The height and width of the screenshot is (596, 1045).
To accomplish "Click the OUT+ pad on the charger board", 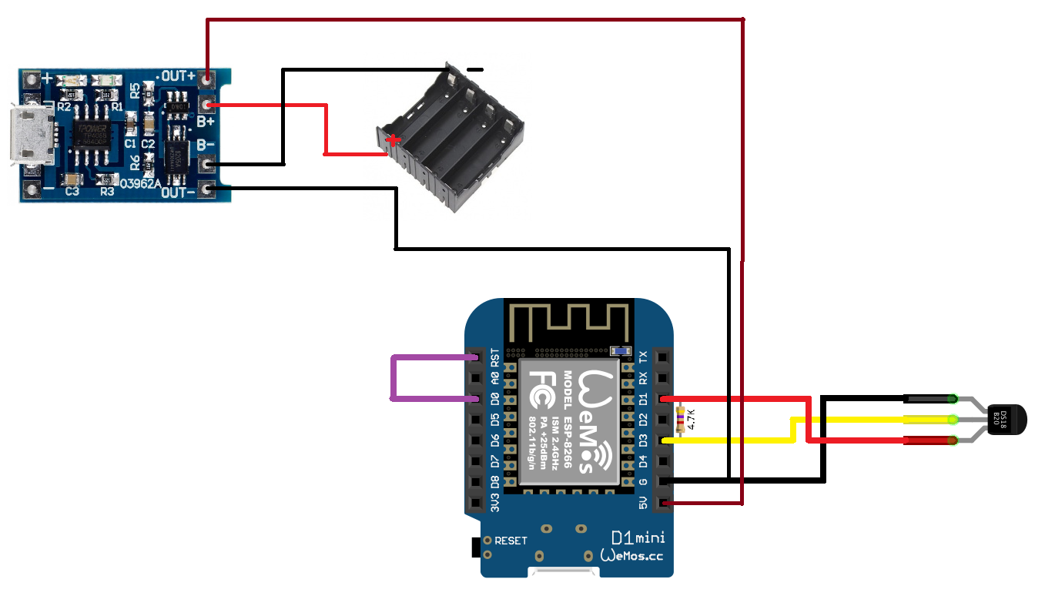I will click(206, 78).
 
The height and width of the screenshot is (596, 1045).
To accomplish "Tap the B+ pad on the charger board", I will click(206, 104).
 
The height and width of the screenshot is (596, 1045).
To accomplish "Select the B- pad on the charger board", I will click(206, 163).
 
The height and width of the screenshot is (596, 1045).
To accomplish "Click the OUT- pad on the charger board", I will click(206, 189).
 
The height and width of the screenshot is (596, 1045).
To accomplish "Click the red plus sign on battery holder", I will click(394, 141).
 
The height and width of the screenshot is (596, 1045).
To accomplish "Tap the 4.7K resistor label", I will click(691, 419).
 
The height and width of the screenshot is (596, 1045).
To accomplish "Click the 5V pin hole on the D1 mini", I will click(663, 504).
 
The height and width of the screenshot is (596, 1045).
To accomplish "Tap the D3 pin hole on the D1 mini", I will click(663, 440).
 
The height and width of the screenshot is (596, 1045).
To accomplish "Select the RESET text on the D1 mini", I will click(511, 541).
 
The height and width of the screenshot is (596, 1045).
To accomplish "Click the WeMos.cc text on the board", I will click(631, 555).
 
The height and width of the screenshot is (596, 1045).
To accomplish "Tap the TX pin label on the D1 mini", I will click(644, 357).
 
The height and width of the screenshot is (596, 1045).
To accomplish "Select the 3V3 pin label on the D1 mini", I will click(495, 504).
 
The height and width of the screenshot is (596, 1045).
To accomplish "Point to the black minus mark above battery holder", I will click(475, 70).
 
